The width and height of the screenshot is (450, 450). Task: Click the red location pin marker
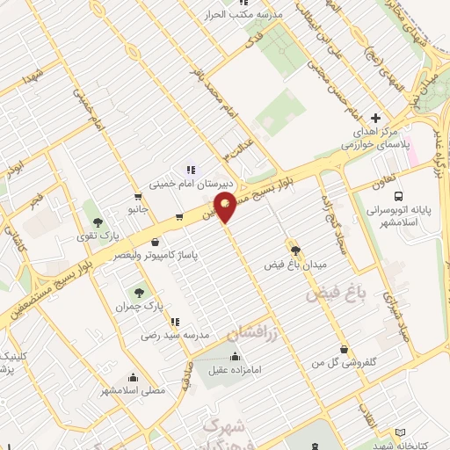click(x=226, y=208)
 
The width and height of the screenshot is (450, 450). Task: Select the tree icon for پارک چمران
click(x=137, y=292)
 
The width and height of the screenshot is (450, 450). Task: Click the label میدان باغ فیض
click(x=294, y=263)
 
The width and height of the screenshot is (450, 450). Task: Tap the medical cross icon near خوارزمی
click(x=376, y=118)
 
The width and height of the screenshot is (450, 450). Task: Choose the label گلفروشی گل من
click(x=342, y=362)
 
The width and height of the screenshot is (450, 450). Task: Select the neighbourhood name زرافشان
click(x=251, y=332)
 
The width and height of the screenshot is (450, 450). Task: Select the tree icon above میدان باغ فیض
click(x=294, y=249)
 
